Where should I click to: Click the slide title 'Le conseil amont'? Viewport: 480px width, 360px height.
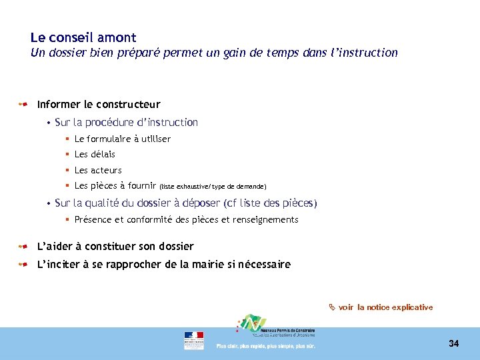[83, 38]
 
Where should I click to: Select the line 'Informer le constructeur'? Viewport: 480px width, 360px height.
[99, 105]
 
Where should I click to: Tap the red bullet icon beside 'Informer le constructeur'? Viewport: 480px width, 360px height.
[23, 105]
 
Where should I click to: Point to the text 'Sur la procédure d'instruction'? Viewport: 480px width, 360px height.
[126, 123]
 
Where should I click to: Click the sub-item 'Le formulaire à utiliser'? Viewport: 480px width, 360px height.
[123, 139]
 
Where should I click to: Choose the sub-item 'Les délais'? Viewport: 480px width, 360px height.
[95, 155]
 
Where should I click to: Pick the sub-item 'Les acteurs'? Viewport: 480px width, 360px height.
[98, 171]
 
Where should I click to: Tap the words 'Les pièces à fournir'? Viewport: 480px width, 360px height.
[115, 186]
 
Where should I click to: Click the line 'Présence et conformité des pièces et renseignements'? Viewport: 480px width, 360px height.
[186, 220]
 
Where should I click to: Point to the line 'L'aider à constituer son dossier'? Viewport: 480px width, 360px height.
[115, 247]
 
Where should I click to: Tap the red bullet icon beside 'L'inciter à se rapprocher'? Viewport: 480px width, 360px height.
[23, 265]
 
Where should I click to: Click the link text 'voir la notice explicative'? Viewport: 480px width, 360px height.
[385, 307]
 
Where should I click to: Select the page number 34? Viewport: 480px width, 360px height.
[453, 343]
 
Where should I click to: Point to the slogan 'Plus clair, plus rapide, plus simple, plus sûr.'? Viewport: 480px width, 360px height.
[265, 346]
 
